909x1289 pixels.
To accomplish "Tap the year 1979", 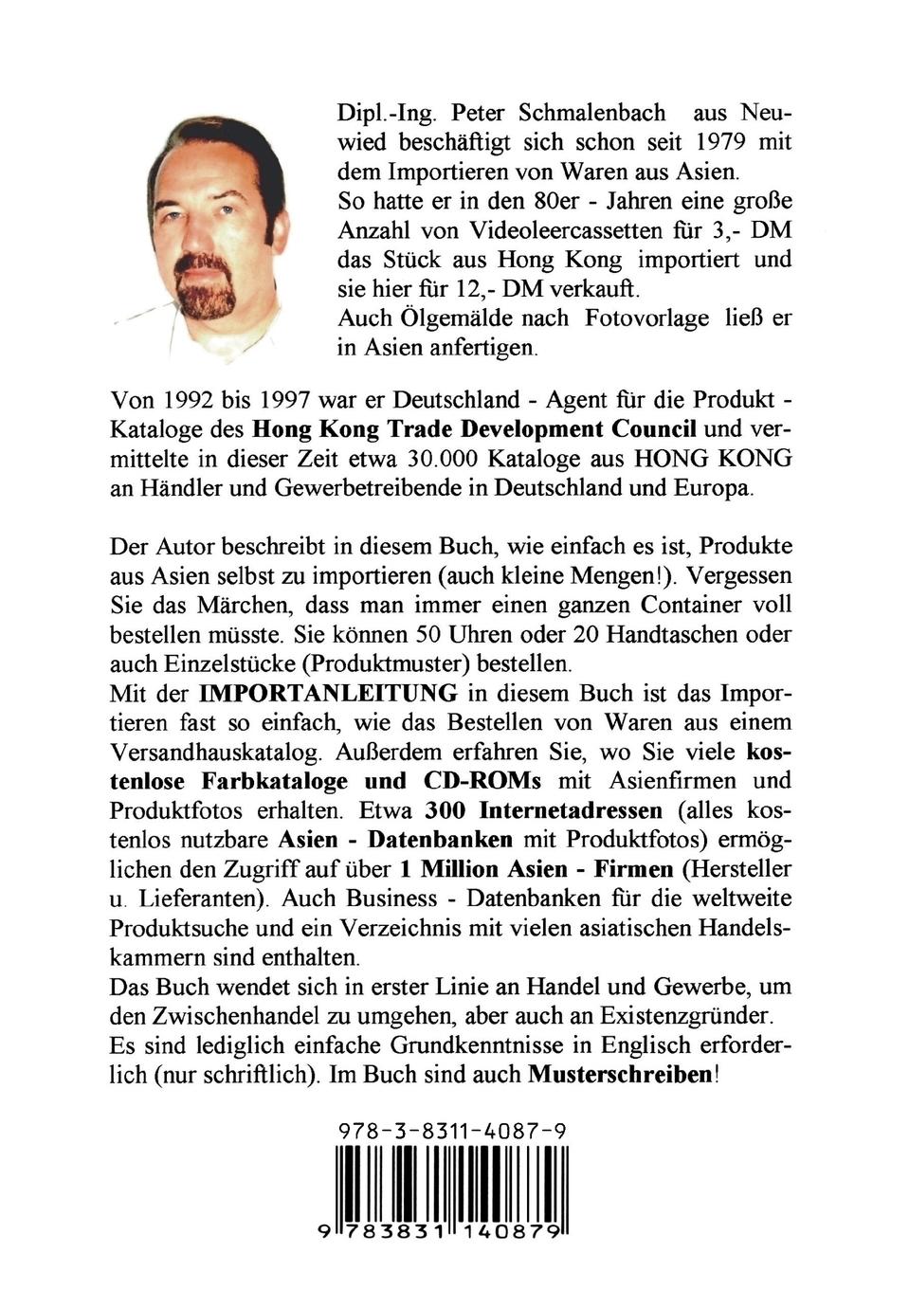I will [x=730, y=142].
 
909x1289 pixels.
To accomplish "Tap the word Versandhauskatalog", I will [x=237, y=752].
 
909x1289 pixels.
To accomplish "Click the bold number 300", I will [x=447, y=810].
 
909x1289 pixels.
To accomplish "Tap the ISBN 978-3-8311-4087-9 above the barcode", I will [x=452, y=1130].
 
